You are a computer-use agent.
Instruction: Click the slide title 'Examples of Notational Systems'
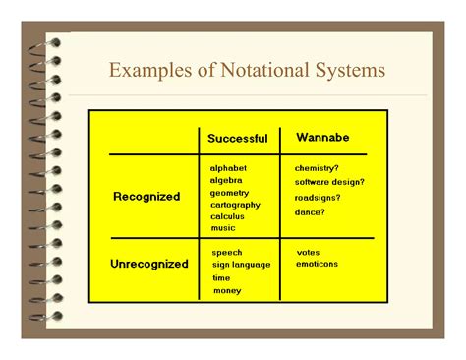(x=247, y=71)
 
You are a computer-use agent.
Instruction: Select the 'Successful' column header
(x=237, y=139)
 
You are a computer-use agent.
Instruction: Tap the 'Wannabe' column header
(x=321, y=137)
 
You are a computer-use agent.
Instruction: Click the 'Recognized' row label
(x=146, y=197)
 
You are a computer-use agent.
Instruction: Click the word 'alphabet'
(x=229, y=168)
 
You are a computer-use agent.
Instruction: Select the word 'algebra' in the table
(x=227, y=180)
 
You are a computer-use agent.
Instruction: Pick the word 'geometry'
(x=230, y=193)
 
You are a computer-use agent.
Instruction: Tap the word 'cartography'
(x=236, y=205)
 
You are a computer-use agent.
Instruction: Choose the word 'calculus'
(x=228, y=216)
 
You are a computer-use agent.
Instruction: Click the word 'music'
(x=223, y=228)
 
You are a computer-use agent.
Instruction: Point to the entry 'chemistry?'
(x=318, y=168)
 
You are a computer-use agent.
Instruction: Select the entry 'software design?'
(x=330, y=181)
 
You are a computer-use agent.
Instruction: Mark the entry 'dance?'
(x=311, y=212)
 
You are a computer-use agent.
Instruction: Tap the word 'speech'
(x=227, y=253)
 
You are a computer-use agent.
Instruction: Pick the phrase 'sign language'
(x=241, y=265)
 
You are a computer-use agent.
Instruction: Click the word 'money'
(x=227, y=290)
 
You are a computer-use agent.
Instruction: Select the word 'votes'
(x=308, y=252)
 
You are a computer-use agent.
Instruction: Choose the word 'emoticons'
(x=317, y=264)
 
